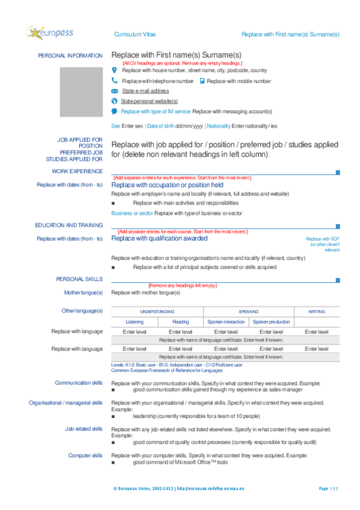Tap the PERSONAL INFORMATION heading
pyautogui.click(x=70, y=55)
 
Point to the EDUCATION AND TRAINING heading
pyautogui.click(x=69, y=225)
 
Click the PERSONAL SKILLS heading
pyautogui.click(x=79, y=279)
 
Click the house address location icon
pyautogui.click(x=115, y=70)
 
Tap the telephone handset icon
pyautogui.click(x=115, y=80)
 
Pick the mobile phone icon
pyautogui.click(x=202, y=80)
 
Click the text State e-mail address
pyautogui.click(x=145, y=91)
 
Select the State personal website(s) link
pyautogui.click(x=149, y=101)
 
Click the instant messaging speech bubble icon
pyautogui.click(x=115, y=111)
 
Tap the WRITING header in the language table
pyautogui.click(x=317, y=312)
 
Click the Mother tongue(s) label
pyautogui.click(x=83, y=292)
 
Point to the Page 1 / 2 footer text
pyautogui.click(x=329, y=488)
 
